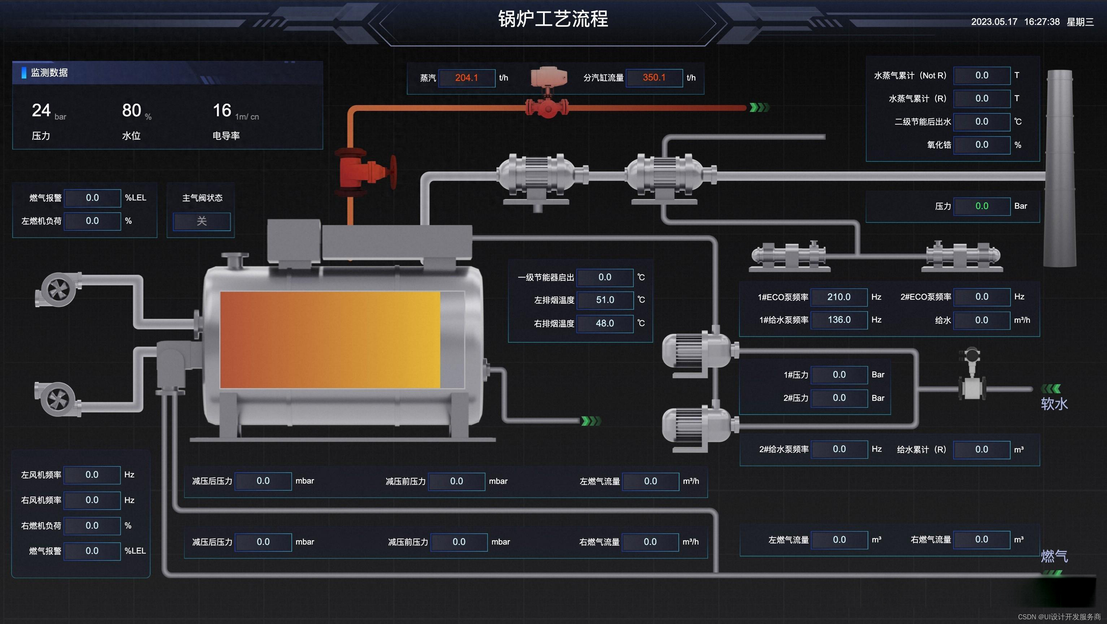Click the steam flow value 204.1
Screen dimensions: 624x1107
tap(466, 78)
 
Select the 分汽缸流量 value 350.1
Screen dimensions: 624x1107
tap(654, 78)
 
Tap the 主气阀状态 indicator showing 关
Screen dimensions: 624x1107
tap(201, 221)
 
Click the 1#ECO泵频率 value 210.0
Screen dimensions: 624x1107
tap(838, 297)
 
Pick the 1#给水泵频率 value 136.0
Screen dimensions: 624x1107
tap(838, 320)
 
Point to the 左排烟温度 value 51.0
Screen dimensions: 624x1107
tap(605, 300)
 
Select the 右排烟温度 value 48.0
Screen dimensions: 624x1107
tap(605, 323)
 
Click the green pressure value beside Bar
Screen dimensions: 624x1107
tap(981, 206)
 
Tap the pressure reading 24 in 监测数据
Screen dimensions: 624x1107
tap(41, 110)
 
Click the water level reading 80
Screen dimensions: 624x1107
tap(131, 110)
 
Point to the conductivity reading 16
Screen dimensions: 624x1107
tap(222, 110)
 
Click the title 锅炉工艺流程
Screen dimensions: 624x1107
tap(553, 19)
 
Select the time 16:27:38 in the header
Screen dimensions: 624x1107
tap(1042, 22)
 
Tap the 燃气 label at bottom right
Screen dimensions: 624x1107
tap(1054, 556)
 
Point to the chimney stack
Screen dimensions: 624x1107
tap(1060, 168)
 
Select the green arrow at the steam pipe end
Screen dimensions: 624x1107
tap(759, 108)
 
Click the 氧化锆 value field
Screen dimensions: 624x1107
tap(981, 145)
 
